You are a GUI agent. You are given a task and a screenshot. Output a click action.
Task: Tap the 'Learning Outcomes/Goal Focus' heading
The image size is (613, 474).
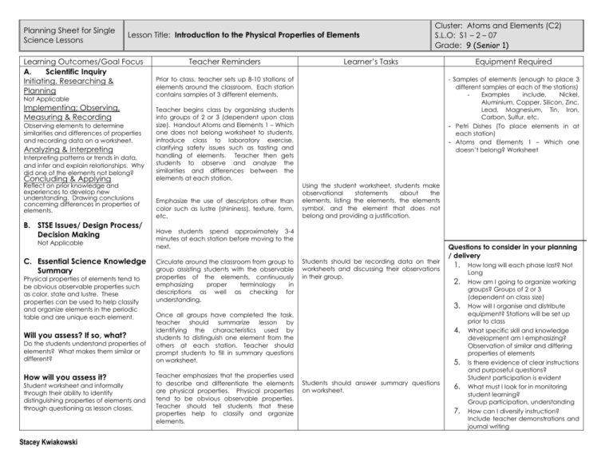[x=73, y=62]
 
